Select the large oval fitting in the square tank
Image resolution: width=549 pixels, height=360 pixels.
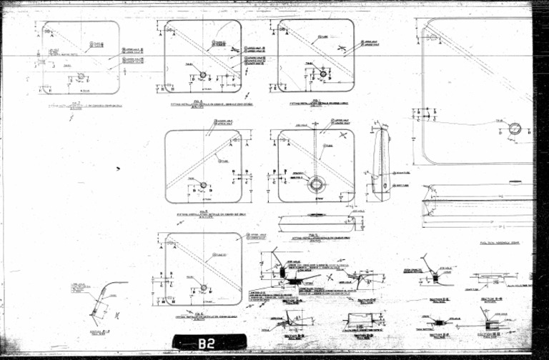[316, 185]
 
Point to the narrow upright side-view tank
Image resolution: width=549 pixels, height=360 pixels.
[381, 164]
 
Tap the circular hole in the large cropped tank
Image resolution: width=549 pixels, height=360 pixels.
[515, 129]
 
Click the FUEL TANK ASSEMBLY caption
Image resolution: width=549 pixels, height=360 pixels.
[500, 243]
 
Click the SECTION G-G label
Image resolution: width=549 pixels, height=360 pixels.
[489, 296]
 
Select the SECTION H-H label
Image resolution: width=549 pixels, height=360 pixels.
[488, 334]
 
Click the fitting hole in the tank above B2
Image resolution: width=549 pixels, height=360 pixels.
[204, 288]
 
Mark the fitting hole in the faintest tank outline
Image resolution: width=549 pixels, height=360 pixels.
[81, 76]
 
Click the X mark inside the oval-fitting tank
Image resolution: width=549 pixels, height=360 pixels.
[344, 134]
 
